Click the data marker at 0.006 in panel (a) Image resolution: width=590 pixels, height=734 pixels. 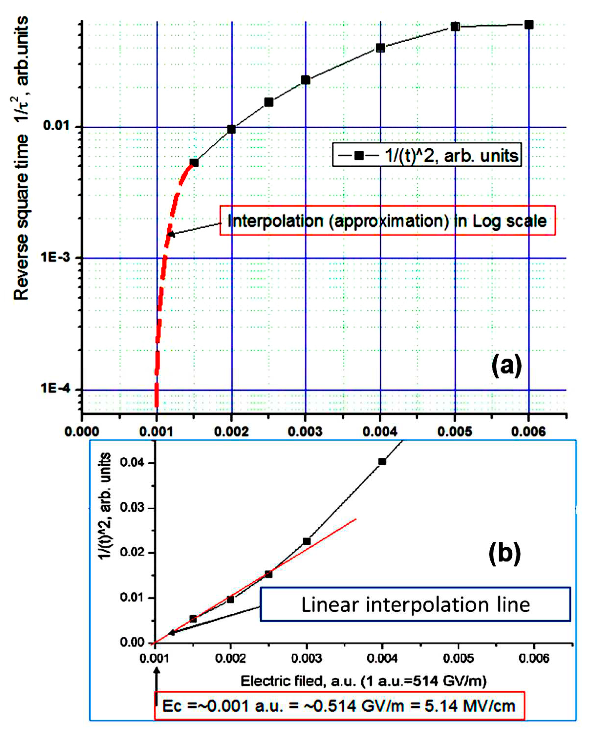[x=529, y=25]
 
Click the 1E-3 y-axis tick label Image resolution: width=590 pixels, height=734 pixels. [x=56, y=257]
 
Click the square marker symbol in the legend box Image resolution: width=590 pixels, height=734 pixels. [x=359, y=156]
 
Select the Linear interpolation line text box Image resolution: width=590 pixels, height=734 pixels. [x=415, y=605]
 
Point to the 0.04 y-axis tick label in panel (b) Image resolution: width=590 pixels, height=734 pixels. [x=133, y=463]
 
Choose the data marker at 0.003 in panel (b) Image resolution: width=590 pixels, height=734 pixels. [x=306, y=541]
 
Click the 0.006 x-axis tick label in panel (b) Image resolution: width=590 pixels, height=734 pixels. [x=534, y=659]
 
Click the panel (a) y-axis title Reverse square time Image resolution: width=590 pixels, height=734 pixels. [x=21, y=218]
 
